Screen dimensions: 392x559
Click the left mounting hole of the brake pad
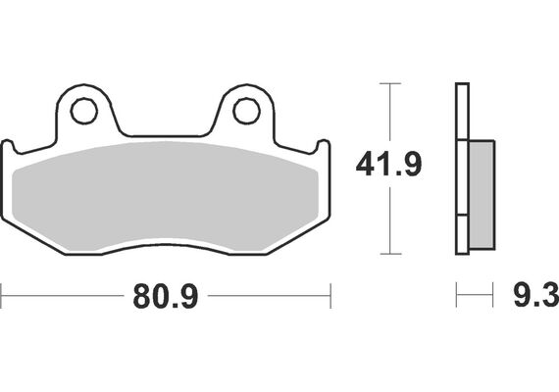coord(84,112)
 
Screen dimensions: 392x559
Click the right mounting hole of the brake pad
coord(246,112)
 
